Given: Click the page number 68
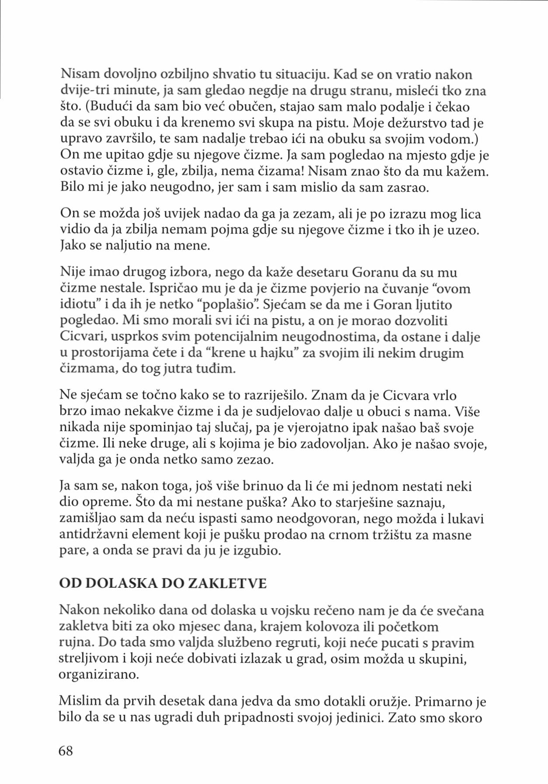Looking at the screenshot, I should [66, 750].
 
